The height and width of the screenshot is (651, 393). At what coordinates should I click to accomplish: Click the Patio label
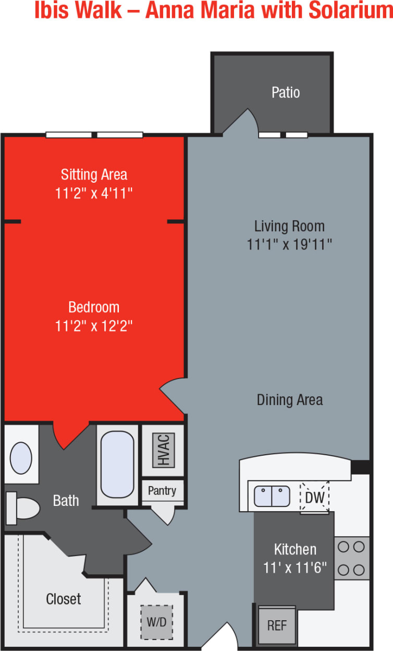coord(286,92)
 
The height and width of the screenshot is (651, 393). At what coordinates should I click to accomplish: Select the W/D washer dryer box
coord(156,622)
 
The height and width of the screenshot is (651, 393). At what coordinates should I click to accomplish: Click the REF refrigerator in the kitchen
coord(277,625)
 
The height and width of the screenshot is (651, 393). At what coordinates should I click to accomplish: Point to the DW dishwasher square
coord(315,498)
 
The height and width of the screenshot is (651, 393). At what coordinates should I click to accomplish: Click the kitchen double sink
coord(272,496)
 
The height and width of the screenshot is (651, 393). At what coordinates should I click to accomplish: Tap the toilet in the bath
coord(23,508)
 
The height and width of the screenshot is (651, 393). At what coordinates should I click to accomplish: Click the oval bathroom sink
coord(21,458)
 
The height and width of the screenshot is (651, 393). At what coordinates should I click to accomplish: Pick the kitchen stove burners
coord(352,558)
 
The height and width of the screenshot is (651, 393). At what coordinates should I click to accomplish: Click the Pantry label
coord(162,491)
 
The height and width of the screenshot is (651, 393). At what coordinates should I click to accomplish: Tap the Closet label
coord(64,599)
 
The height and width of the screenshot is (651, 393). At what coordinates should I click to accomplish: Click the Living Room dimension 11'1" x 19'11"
coord(290,244)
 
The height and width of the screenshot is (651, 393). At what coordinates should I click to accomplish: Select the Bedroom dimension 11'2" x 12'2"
coord(94,326)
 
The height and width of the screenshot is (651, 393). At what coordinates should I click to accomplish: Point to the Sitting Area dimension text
coord(94,193)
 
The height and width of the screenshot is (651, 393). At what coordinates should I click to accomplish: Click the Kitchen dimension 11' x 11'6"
coord(295,567)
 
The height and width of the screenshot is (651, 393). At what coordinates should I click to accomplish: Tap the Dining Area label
coord(290,400)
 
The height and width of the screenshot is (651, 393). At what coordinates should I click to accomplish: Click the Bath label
coord(66,501)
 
